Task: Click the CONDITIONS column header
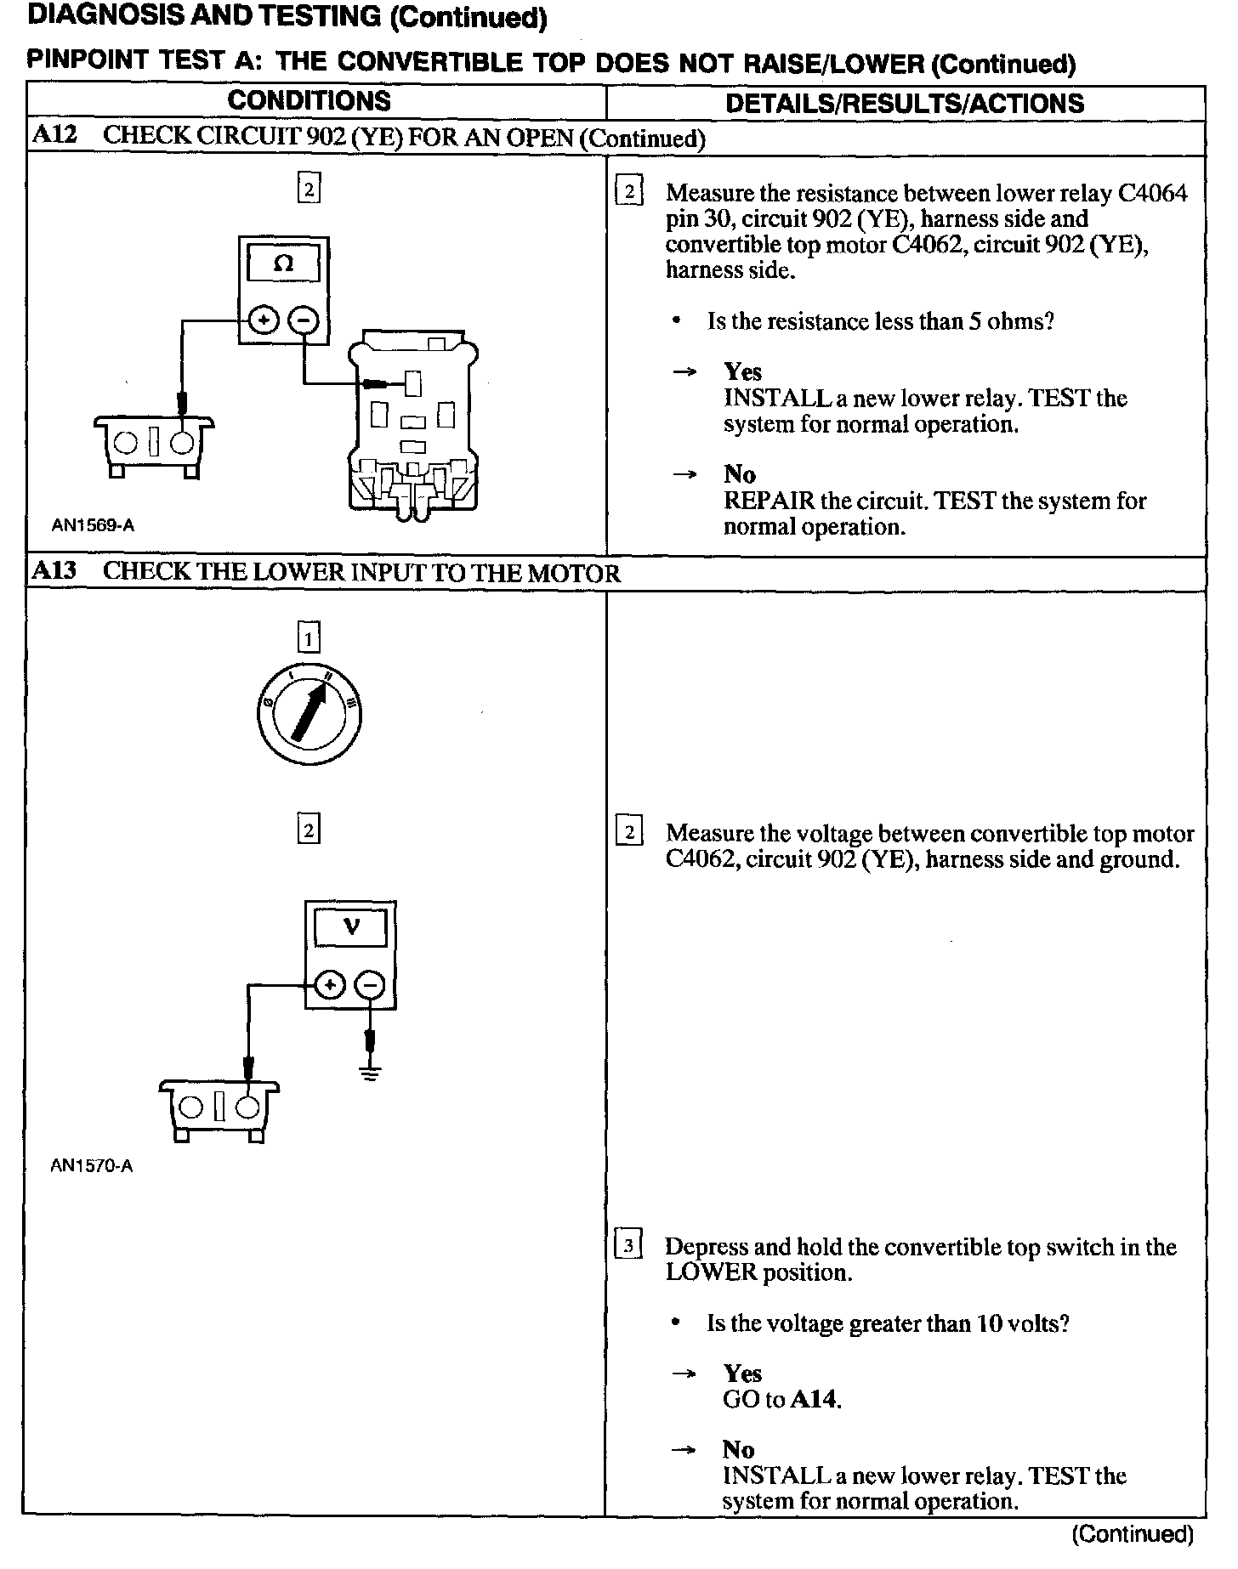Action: point(309,101)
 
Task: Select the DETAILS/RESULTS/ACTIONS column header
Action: point(905,103)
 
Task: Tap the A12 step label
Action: point(54,135)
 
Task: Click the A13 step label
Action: point(54,571)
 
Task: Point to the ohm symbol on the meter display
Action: point(284,263)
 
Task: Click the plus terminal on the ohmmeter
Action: point(264,320)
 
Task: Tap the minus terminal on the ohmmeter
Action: point(304,320)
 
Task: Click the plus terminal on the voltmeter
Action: point(329,985)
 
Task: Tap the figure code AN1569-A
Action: point(93,525)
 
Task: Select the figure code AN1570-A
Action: point(92,1165)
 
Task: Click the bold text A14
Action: point(815,1400)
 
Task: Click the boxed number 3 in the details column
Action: point(628,1247)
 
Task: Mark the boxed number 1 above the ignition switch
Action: point(309,637)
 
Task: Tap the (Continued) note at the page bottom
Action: point(1133,1533)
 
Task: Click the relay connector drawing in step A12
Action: point(413,425)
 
